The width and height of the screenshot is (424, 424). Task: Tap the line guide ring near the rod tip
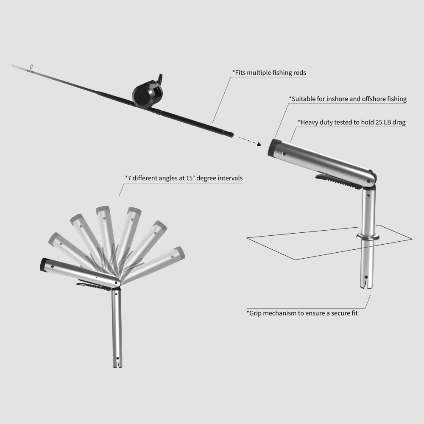tap(31, 67)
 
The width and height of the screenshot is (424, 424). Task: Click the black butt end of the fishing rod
tap(230, 134)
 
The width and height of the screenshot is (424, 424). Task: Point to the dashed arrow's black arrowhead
tap(259, 144)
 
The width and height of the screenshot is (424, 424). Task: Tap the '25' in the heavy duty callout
tap(379, 122)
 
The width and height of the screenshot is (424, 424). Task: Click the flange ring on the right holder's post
tap(368, 237)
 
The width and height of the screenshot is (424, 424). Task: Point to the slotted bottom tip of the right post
tap(366, 285)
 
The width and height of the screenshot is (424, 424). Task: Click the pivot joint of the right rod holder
tap(369, 180)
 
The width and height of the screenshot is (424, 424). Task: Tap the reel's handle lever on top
tap(160, 79)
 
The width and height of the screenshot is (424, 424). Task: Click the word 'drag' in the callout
tap(399, 123)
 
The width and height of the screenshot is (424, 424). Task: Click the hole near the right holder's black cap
tap(284, 154)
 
